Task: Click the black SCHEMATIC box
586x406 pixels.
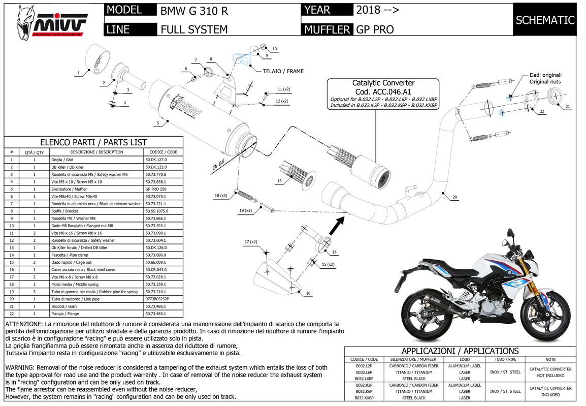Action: pos(545,20)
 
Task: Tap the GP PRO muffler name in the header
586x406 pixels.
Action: pos(375,29)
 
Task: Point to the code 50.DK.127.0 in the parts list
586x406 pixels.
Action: pos(156,160)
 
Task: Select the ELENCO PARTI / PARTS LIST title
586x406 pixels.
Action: pos(93,142)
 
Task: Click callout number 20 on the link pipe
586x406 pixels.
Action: pos(454,197)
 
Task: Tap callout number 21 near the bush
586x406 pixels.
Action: pos(568,107)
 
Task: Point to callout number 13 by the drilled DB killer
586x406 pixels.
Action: pos(279,181)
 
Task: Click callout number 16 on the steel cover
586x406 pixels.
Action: pos(308,293)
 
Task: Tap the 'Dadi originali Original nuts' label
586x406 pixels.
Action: pos(545,78)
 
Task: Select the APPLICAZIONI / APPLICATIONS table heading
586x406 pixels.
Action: pos(460,351)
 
